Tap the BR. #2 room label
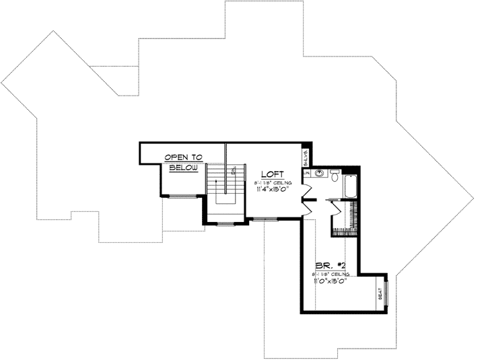click(x=325, y=266)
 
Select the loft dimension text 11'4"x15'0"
click(x=273, y=190)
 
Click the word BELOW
click(x=183, y=168)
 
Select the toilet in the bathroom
click(x=335, y=173)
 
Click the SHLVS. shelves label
click(x=306, y=159)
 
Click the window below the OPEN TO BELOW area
click(x=179, y=196)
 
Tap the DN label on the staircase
click(x=233, y=172)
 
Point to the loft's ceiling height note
click(x=273, y=182)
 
